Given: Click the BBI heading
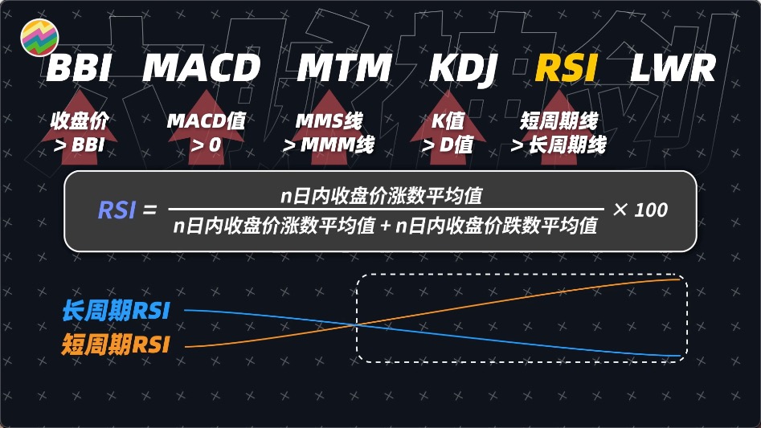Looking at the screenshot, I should pyautogui.click(x=78, y=69).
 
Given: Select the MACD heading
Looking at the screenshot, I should pyautogui.click(x=202, y=69).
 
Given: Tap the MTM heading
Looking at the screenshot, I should pyautogui.click(x=344, y=69).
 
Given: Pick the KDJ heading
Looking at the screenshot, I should pyautogui.click(x=464, y=69).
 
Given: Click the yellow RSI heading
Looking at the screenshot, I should pyautogui.click(x=567, y=69).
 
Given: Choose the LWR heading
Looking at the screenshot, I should pyautogui.click(x=673, y=69).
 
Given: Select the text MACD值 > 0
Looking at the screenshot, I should pyautogui.click(x=207, y=133).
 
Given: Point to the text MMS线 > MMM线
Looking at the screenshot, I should pyautogui.click(x=329, y=133).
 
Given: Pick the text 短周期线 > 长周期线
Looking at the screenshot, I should pyautogui.click(x=558, y=133).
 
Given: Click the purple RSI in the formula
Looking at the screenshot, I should pyautogui.click(x=116, y=210).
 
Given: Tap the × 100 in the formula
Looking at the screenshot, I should pyautogui.click(x=640, y=210).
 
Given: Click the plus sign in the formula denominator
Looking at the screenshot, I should pyautogui.click(x=386, y=226).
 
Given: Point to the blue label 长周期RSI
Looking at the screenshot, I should pyautogui.click(x=115, y=311).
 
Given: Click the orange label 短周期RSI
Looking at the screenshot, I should pyautogui.click(x=115, y=345).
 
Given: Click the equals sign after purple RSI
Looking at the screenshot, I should pyautogui.click(x=149, y=211).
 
